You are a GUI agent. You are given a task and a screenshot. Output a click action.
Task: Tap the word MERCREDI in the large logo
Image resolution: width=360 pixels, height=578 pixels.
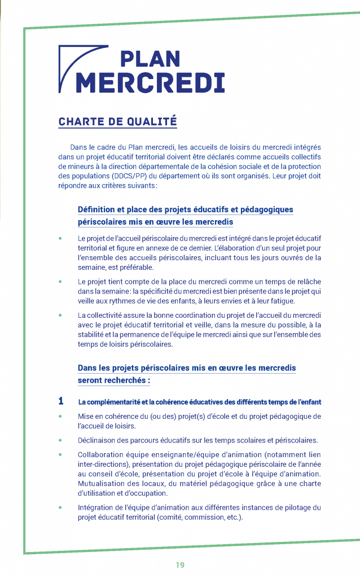[x=150, y=82]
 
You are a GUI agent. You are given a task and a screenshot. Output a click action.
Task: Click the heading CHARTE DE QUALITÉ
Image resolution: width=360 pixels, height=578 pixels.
[x=117, y=121]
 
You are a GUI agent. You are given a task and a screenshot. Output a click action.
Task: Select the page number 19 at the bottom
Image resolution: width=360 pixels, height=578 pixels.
[x=180, y=565]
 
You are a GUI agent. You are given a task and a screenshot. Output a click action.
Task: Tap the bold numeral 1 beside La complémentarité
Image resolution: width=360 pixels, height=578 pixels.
[x=61, y=402]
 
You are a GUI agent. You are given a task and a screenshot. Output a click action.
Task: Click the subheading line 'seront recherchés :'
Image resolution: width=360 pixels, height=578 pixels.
[x=114, y=380]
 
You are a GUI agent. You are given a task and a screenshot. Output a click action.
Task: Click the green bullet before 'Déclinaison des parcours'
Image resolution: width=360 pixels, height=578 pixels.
[x=60, y=440]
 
